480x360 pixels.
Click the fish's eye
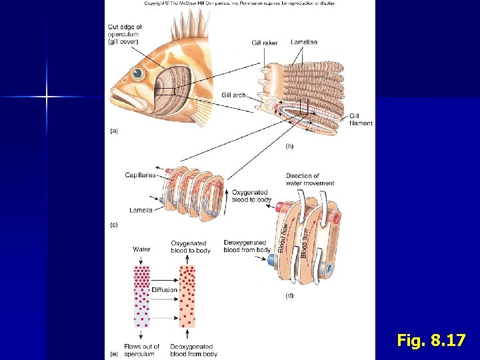(137, 73)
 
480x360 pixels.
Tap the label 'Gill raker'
(265, 43)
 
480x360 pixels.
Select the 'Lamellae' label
(304, 43)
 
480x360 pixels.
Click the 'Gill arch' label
(233, 95)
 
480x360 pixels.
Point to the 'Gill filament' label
(361, 119)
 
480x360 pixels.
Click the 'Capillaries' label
(140, 175)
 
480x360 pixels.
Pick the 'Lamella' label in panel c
(141, 210)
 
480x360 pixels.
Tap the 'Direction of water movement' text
(310, 179)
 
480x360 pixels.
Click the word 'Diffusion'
(164, 290)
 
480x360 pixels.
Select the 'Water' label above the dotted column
(141, 249)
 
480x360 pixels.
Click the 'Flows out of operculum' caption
(141, 350)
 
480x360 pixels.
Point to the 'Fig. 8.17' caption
(431, 341)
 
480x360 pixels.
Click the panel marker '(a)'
(113, 131)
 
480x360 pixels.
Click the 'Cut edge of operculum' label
(125, 34)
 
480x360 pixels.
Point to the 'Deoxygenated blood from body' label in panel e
(191, 350)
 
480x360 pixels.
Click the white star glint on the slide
(46, 97)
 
